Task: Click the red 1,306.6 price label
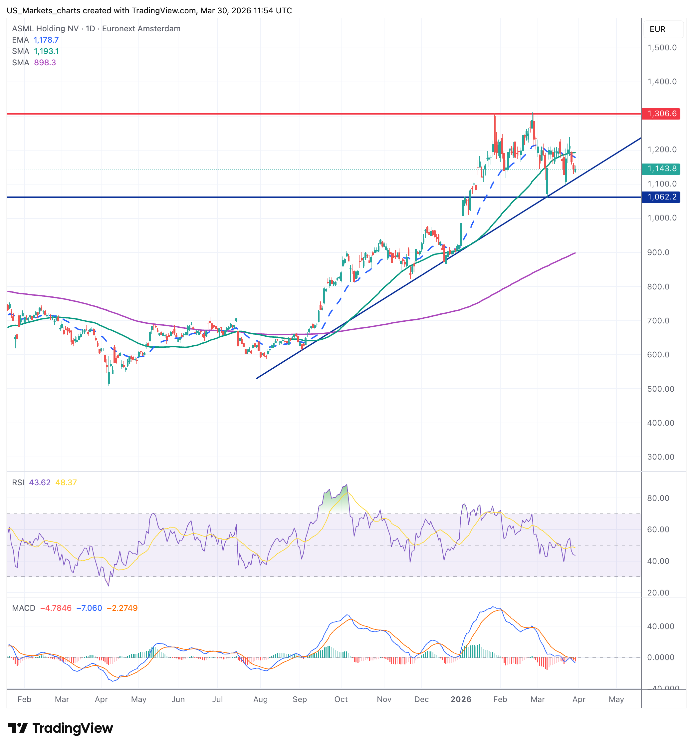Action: [x=661, y=114]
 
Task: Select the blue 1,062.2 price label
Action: [x=661, y=197]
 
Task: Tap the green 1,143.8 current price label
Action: [x=661, y=169]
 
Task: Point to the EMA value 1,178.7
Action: [x=46, y=40]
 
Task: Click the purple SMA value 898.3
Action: [x=45, y=63]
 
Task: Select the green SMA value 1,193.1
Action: [x=47, y=51]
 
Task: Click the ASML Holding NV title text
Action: [x=45, y=29]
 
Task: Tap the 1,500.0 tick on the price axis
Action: [x=662, y=48]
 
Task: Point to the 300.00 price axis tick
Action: [x=661, y=457]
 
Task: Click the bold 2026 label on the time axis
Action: [x=461, y=699]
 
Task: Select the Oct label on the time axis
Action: [x=341, y=699]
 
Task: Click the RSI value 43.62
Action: [x=40, y=483]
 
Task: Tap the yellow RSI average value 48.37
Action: [x=66, y=483]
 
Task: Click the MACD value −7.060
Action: [x=89, y=608]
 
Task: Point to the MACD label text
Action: [x=24, y=608]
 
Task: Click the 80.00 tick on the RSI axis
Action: [x=658, y=498]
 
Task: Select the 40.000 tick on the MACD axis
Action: [x=661, y=626]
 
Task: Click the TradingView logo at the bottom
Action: [x=60, y=728]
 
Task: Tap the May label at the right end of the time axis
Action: [x=616, y=699]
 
